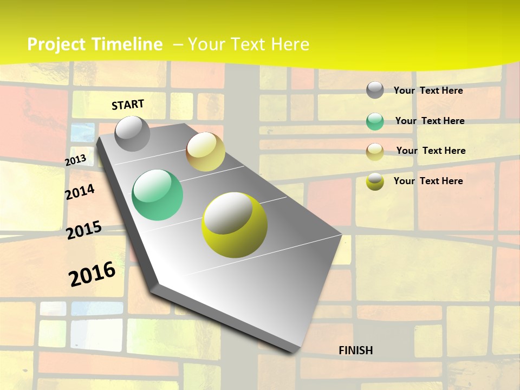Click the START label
(128, 105)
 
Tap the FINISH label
(356, 350)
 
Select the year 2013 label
(75, 160)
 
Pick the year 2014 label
(80, 192)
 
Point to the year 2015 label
(84, 230)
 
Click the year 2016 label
(92, 274)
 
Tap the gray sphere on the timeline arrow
(132, 134)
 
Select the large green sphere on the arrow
(158, 195)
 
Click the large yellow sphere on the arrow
(235, 224)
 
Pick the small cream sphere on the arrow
(205, 152)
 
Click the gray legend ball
(375, 90)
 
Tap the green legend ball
(375, 121)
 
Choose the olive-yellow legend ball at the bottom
(375, 181)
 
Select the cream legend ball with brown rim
(375, 151)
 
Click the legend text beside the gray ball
(428, 90)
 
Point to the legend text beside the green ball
(430, 121)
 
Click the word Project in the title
(56, 44)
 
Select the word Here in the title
(290, 44)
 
